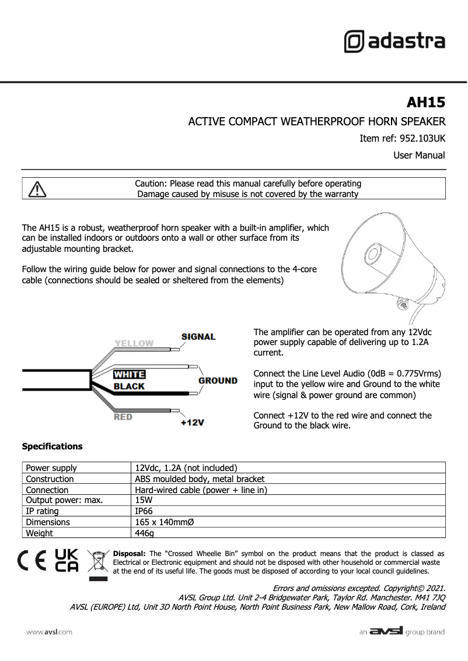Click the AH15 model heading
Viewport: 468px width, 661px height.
pyautogui.click(x=425, y=103)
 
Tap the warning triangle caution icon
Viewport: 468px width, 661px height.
pyautogui.click(x=37, y=189)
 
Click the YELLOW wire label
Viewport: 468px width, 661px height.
pyautogui.click(x=134, y=343)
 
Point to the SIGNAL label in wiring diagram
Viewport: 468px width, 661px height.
pyautogui.click(x=198, y=337)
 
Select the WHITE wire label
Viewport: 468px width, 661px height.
pyautogui.click(x=129, y=375)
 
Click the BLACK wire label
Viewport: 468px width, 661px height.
pyautogui.click(x=129, y=386)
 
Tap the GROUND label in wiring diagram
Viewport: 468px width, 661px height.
pyautogui.click(x=218, y=381)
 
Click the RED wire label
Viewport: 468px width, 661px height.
pyautogui.click(x=123, y=417)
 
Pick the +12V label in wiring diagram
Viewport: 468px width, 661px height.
pyautogui.click(x=193, y=423)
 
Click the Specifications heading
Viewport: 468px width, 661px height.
pyautogui.click(x=52, y=446)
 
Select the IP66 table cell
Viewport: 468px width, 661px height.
pyautogui.click(x=144, y=511)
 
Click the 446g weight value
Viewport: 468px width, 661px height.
pyautogui.click(x=144, y=533)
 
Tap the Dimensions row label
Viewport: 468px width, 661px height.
pyautogui.click(x=48, y=522)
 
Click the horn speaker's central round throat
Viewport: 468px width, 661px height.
pyautogui.click(x=372, y=255)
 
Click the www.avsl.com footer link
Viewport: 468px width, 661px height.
pyautogui.click(x=49, y=632)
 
